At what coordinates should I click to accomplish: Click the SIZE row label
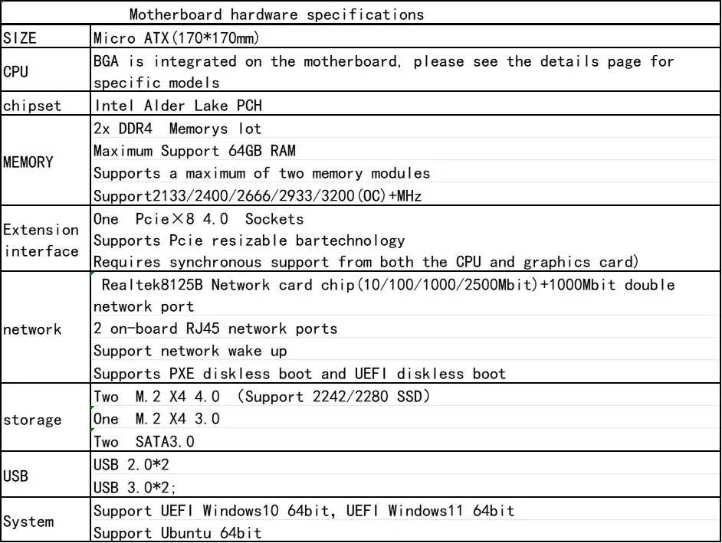pyautogui.click(x=20, y=38)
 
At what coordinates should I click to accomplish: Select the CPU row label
pyautogui.click(x=15, y=72)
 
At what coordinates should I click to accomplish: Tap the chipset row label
pyautogui.click(x=32, y=106)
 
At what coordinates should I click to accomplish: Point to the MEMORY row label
pyautogui.click(x=28, y=162)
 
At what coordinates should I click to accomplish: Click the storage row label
pyautogui.click(x=32, y=420)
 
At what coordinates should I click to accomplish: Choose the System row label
pyautogui.click(x=28, y=522)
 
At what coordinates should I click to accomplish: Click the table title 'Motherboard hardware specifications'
pyautogui.click(x=276, y=15)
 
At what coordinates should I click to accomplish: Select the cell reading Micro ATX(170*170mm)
pyautogui.click(x=176, y=38)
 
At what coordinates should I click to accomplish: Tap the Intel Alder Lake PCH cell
pyautogui.click(x=178, y=106)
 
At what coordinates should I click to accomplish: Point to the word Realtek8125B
pyautogui.click(x=152, y=285)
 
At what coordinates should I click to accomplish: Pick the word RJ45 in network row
pyautogui.click(x=202, y=329)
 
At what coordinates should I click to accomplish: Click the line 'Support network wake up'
pyautogui.click(x=190, y=352)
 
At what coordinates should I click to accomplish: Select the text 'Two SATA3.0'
pyautogui.click(x=144, y=442)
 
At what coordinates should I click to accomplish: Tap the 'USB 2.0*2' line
pyautogui.click(x=131, y=465)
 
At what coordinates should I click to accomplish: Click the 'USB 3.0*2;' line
pyautogui.click(x=135, y=487)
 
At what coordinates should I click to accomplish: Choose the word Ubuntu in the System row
pyautogui.click(x=186, y=533)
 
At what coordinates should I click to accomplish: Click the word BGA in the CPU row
pyautogui.click(x=106, y=61)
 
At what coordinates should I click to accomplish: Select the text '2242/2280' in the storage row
pyautogui.click(x=350, y=397)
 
